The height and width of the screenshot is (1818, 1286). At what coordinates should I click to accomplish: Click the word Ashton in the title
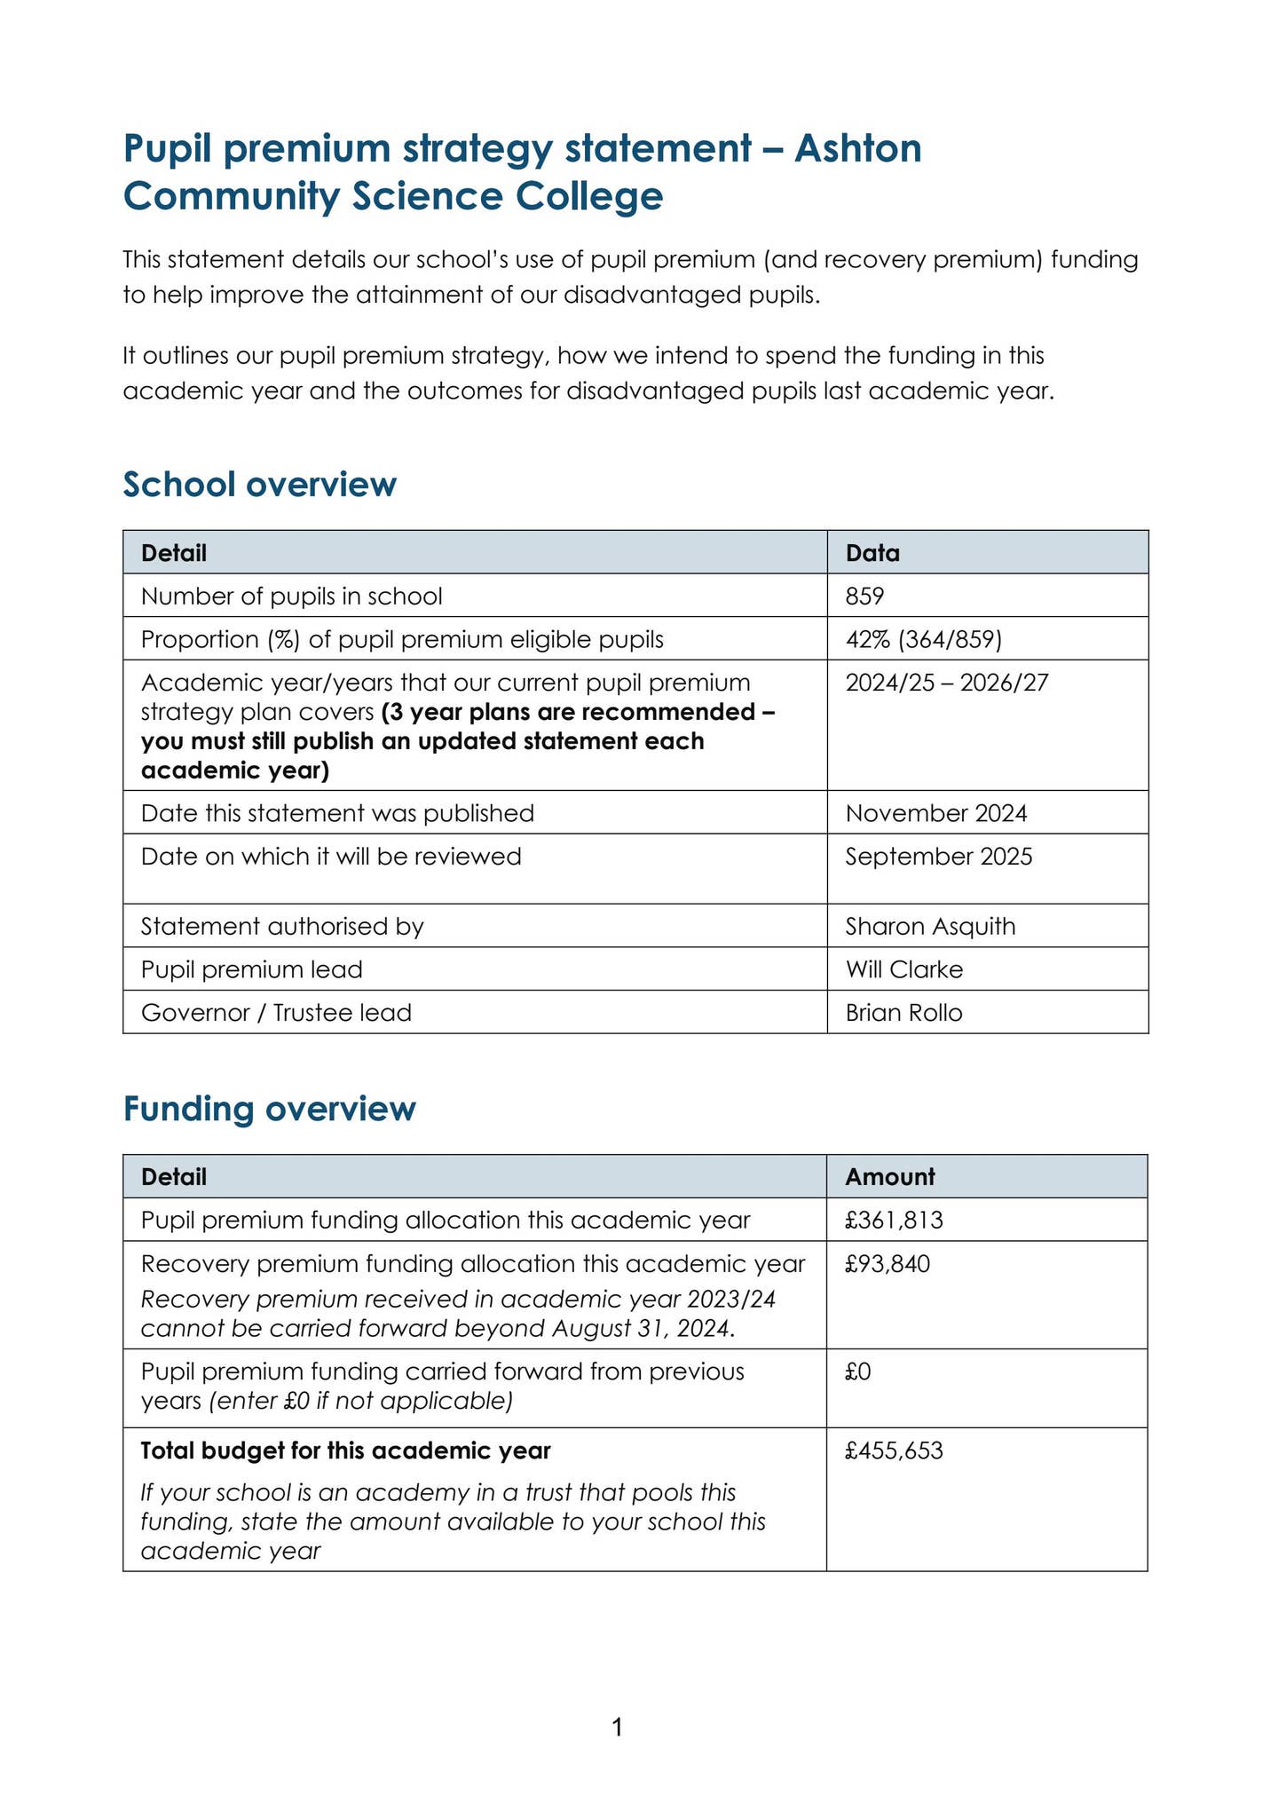[x=857, y=148]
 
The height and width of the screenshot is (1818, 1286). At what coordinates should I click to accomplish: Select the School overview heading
[x=259, y=485]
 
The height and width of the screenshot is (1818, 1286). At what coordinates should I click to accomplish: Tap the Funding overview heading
[x=269, y=1109]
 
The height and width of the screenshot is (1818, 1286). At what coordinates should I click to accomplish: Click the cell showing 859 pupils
[x=864, y=596]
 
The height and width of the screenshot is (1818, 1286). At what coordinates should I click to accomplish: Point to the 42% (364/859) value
[x=923, y=639]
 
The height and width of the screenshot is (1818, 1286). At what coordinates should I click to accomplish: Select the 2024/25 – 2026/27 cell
[x=946, y=683]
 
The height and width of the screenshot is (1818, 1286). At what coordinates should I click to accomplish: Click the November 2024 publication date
[x=935, y=813]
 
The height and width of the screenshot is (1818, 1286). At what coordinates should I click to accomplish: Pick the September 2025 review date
[x=938, y=857]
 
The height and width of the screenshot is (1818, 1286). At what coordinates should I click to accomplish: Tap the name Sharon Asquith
[x=929, y=927]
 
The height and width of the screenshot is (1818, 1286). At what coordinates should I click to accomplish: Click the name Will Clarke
[x=903, y=969]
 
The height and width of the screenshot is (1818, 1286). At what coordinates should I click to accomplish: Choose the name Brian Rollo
[x=903, y=1013]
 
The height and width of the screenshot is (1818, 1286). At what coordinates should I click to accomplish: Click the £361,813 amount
[x=894, y=1221]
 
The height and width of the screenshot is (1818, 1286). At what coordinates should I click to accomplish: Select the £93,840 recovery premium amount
[x=888, y=1264]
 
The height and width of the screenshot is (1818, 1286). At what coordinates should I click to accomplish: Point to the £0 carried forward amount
[x=858, y=1372]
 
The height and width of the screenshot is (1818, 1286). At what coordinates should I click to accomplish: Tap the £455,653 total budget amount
[x=894, y=1451]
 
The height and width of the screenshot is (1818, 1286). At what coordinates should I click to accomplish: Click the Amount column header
[x=889, y=1177]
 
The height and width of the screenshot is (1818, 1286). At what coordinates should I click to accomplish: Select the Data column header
[x=872, y=553]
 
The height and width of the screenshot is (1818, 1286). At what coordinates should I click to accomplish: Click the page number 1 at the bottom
[x=618, y=1727]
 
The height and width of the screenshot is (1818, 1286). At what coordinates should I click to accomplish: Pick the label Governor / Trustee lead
[x=276, y=1013]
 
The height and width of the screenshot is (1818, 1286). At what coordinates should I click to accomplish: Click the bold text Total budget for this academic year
[x=345, y=1451]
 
